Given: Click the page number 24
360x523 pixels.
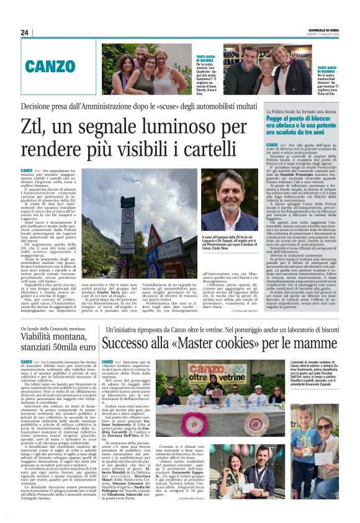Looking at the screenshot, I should point(24,32).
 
